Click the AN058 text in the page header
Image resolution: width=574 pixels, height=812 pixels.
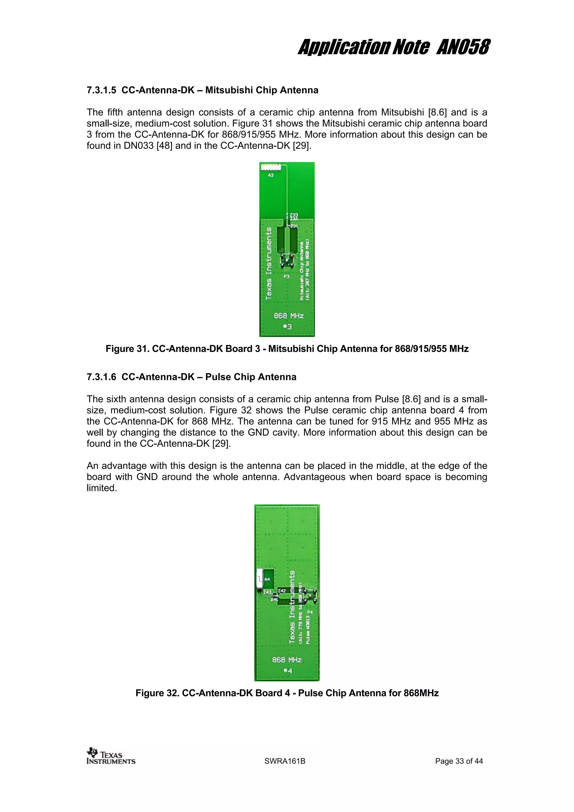coord(463,47)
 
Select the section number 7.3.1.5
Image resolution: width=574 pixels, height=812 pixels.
coord(101,90)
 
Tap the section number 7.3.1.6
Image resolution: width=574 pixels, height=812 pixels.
coord(101,377)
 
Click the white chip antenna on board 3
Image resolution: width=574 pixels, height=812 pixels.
coord(270,166)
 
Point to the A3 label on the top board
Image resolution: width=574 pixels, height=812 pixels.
coord(270,175)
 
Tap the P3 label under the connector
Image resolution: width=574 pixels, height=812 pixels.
coord(286,276)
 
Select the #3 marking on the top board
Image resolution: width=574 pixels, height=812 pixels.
coord(287,327)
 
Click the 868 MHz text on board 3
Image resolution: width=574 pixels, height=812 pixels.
coord(289,315)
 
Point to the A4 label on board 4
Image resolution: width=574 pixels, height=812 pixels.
coord(267,579)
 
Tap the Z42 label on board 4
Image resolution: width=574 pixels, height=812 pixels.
coord(282,591)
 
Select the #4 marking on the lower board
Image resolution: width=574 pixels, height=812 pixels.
coord(288,671)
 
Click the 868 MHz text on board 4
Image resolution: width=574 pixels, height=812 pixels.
coord(287,660)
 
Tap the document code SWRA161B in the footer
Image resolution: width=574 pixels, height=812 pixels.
coord(285,761)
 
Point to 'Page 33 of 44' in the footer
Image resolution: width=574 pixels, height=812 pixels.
coord(459,761)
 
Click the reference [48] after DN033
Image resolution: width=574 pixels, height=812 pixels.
coord(165,146)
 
